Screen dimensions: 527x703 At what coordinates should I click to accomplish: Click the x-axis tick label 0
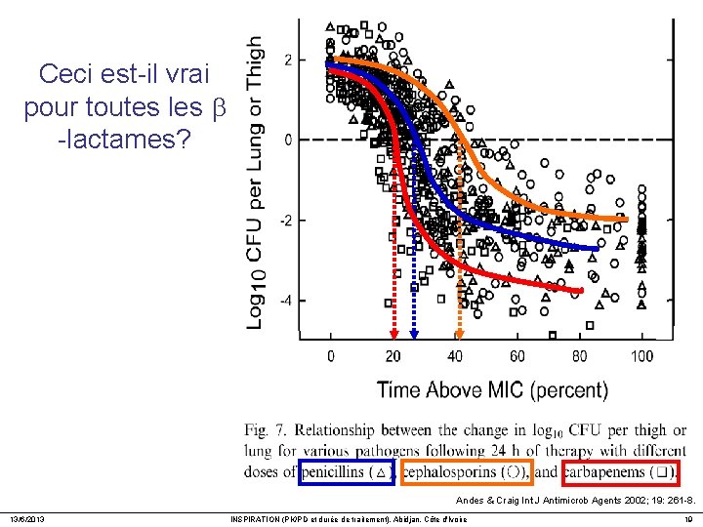point(330,356)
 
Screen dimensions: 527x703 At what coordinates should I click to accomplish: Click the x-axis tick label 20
point(392,356)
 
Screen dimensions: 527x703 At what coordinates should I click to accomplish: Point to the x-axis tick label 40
point(454,356)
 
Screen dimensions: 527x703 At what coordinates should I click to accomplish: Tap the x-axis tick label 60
point(517,356)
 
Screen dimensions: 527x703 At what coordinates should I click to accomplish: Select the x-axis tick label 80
point(579,356)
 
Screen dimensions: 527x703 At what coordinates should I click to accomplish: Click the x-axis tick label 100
point(641,356)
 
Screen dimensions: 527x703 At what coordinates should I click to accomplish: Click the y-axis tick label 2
point(287,61)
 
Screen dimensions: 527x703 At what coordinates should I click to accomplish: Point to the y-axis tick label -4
point(284,301)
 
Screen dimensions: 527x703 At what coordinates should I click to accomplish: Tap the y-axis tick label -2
point(284,221)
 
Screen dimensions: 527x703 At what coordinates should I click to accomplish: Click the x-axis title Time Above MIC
point(492,390)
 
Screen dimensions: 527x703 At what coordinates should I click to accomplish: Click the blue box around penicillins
point(347,472)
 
